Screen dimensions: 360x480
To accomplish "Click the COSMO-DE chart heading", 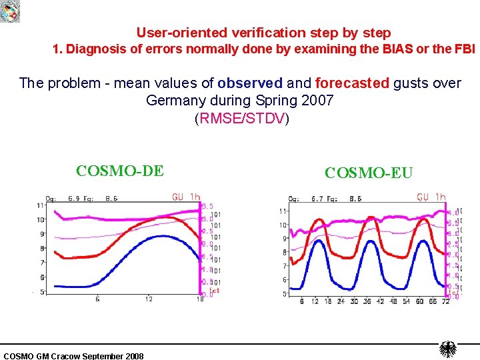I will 119,171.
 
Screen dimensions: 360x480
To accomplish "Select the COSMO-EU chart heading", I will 369,173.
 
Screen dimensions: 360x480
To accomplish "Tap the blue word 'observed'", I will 250,83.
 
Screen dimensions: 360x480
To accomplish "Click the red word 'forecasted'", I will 352,83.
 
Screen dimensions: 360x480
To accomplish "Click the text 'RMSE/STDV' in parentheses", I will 241,119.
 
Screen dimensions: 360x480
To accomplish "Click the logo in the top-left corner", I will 10,11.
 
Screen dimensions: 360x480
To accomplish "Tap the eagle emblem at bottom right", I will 447,349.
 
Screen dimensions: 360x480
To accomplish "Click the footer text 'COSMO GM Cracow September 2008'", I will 73,356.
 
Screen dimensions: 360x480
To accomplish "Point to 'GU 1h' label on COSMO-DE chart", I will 186,197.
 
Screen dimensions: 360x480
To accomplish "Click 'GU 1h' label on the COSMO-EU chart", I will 431,197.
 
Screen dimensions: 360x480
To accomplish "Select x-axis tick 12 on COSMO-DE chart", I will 149,299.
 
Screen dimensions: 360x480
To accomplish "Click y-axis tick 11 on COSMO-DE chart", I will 41,205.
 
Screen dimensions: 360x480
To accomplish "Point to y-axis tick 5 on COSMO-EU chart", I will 285,293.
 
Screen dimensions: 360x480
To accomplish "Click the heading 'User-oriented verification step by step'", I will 263,32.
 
